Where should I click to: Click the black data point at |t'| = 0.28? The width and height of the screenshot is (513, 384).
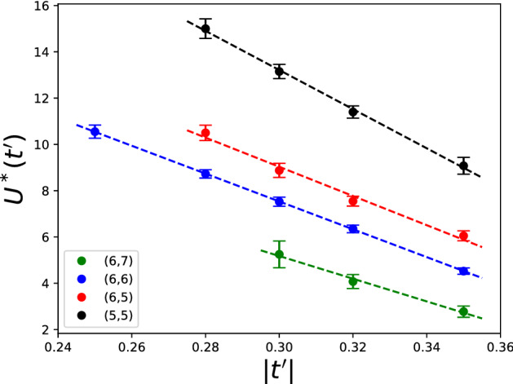pyautogui.click(x=206, y=29)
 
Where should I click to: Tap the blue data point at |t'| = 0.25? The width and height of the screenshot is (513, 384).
pyautogui.click(x=95, y=131)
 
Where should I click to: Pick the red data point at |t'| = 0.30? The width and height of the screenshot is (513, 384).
pyautogui.click(x=279, y=170)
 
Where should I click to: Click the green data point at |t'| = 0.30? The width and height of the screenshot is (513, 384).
pyautogui.click(x=279, y=254)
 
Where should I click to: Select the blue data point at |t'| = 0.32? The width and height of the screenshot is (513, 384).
pyautogui.click(x=353, y=229)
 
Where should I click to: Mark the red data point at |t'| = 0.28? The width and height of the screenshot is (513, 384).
pyautogui.click(x=206, y=133)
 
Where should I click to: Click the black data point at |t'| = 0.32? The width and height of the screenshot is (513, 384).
pyautogui.click(x=353, y=112)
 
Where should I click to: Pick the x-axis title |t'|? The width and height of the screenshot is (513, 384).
pyautogui.click(x=279, y=370)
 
